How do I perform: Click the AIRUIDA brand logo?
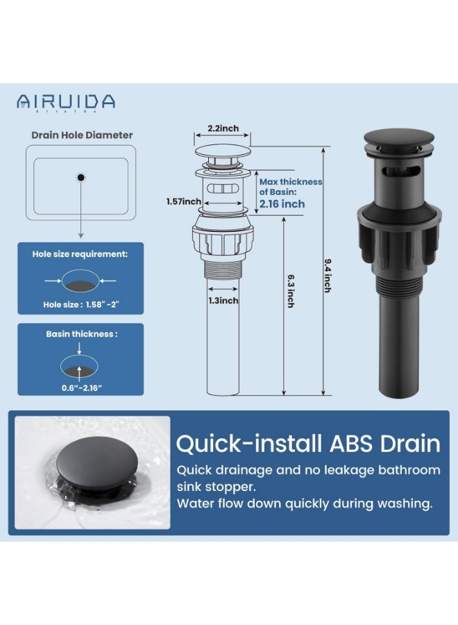(66, 102)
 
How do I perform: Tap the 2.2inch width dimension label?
(223, 128)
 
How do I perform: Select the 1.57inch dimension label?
(184, 201)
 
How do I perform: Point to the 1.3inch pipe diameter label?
(223, 301)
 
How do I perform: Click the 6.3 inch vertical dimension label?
(291, 291)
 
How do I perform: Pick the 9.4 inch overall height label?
(328, 276)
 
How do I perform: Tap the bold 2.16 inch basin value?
(282, 204)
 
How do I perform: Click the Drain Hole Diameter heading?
(82, 135)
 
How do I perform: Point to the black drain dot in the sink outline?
(81, 177)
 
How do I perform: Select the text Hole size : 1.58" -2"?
(81, 305)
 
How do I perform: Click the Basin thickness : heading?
(82, 334)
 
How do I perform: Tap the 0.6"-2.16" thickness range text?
(82, 387)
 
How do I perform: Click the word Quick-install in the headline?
(249, 444)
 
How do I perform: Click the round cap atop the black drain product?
(398, 138)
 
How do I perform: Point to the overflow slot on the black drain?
(401, 172)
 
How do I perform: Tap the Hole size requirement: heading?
(80, 254)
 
